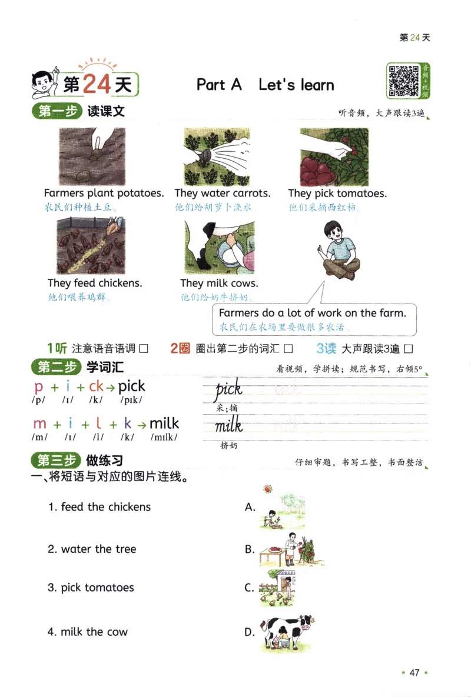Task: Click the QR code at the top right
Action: (x=403, y=81)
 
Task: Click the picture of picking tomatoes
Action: (x=334, y=156)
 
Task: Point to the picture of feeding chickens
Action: (x=91, y=246)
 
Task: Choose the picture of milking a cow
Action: (x=218, y=248)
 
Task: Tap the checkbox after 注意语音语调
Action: (x=143, y=349)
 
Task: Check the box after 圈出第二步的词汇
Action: (x=288, y=349)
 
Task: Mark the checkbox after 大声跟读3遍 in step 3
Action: (x=409, y=349)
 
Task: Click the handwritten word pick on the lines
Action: (x=228, y=389)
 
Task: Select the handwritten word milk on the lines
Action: (x=228, y=425)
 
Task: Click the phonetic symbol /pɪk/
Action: (x=130, y=401)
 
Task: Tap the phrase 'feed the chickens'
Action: (x=99, y=507)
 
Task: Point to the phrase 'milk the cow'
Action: (x=88, y=632)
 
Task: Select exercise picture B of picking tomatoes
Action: (x=290, y=551)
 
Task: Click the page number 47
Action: (x=414, y=673)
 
